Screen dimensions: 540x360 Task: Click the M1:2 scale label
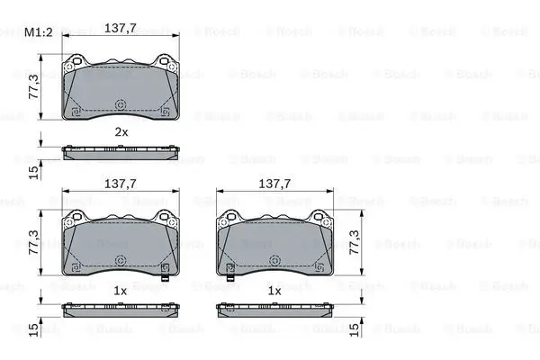click(x=38, y=32)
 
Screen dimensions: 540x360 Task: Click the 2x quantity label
click(x=121, y=132)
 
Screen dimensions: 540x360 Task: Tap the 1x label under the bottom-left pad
click(x=121, y=291)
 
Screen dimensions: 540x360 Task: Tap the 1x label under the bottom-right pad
click(x=274, y=291)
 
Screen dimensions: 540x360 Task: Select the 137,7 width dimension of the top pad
click(x=121, y=28)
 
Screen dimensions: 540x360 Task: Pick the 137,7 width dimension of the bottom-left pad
click(x=121, y=184)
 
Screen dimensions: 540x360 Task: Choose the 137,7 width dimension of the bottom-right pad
click(x=274, y=184)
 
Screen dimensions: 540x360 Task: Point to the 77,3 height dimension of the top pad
click(x=34, y=86)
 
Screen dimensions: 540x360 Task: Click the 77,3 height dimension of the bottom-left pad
click(x=34, y=242)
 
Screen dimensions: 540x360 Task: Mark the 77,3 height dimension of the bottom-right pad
click(x=355, y=242)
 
